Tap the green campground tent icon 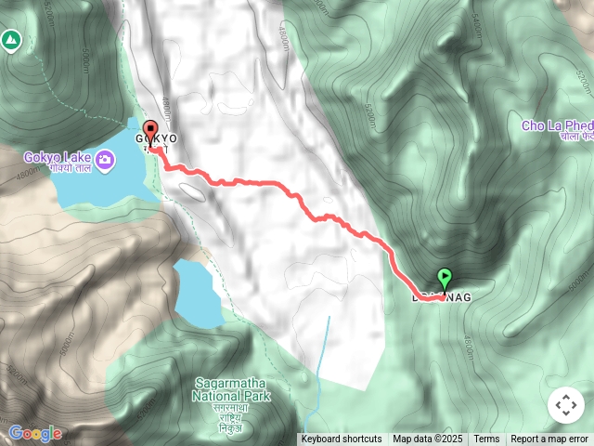10,40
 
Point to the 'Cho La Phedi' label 557,125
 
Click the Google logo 35,433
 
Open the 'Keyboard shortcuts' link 341,439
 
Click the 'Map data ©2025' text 427,439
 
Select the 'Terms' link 486,439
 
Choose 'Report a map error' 550,439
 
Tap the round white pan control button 565,405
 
